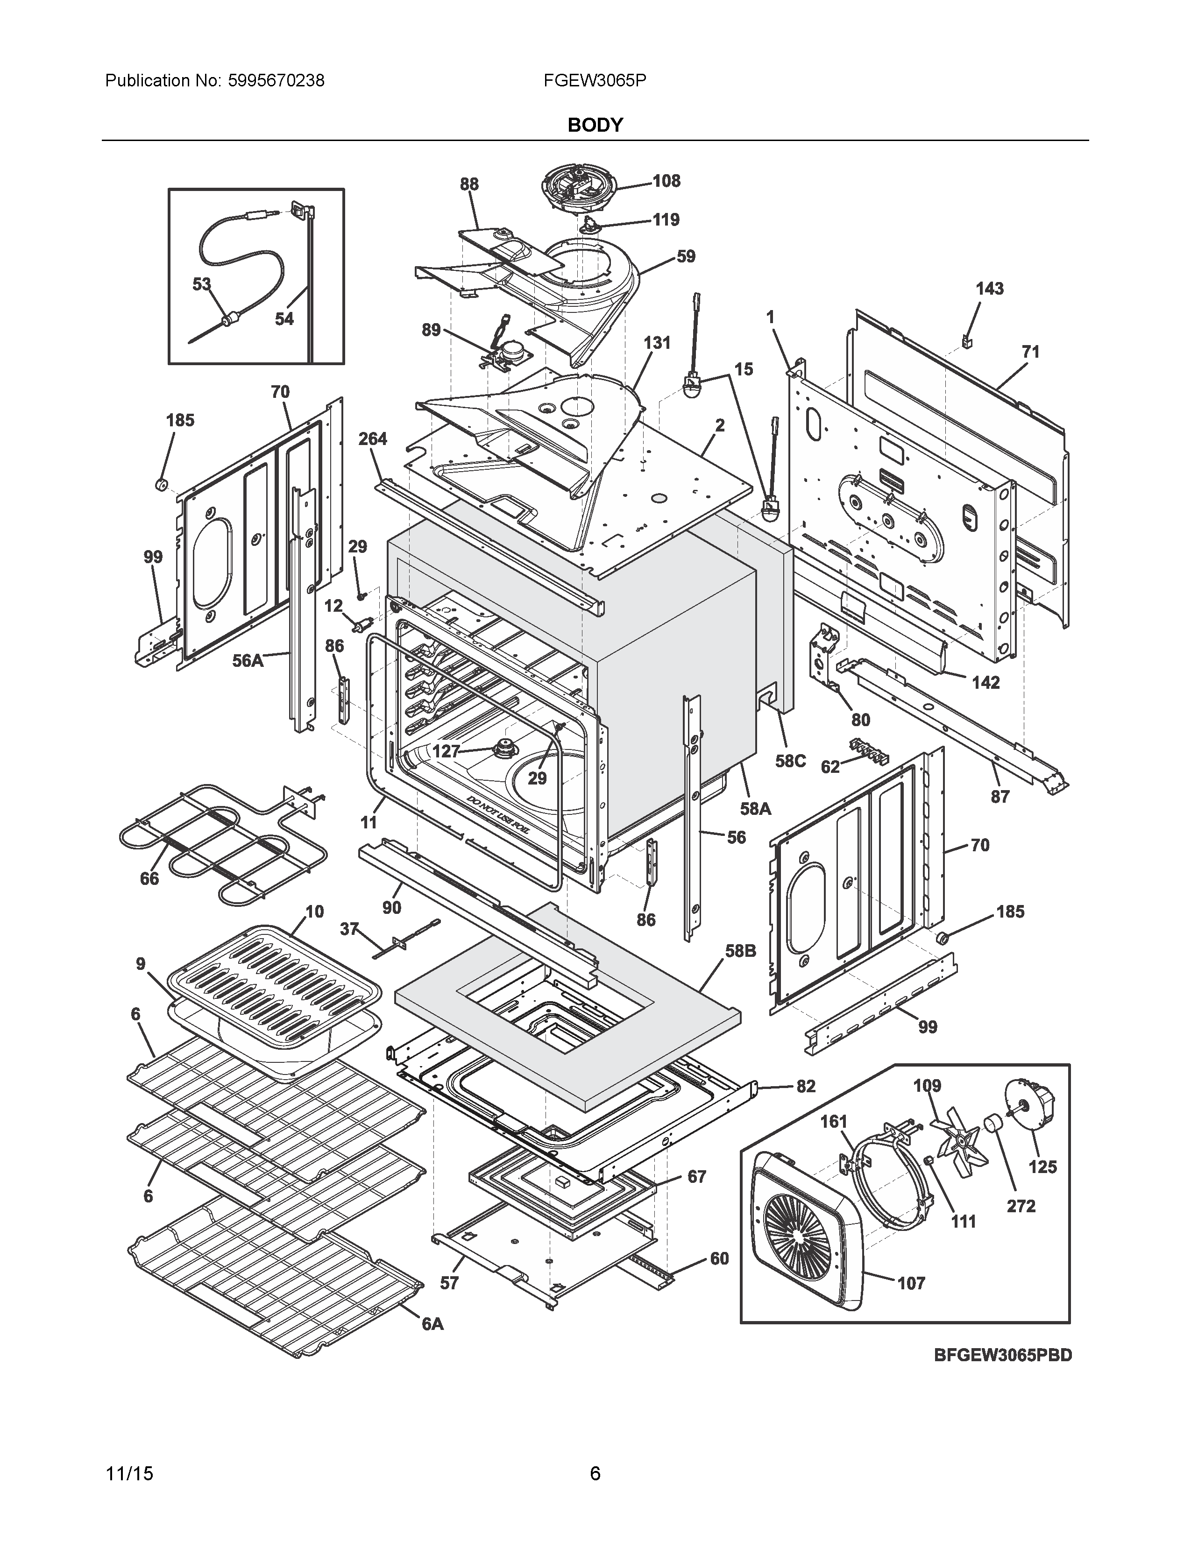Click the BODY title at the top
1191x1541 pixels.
(595, 125)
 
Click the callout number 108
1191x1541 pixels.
(666, 181)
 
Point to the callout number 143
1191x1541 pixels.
(989, 289)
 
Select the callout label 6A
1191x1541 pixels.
(432, 1324)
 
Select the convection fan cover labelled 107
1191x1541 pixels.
(804, 1228)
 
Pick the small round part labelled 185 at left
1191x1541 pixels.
(161, 484)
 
